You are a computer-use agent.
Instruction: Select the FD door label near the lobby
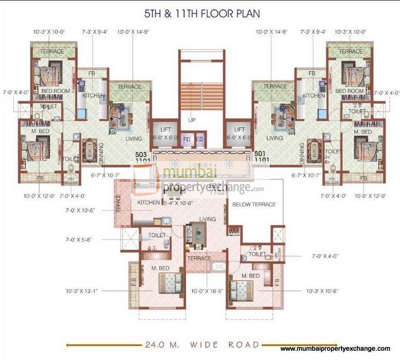(x=187, y=139)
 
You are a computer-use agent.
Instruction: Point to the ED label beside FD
(x=199, y=139)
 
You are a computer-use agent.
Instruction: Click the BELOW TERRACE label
(x=254, y=204)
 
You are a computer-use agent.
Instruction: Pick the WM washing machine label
(x=234, y=231)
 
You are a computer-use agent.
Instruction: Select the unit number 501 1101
(x=261, y=156)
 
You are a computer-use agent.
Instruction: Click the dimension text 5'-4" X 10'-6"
(x=177, y=204)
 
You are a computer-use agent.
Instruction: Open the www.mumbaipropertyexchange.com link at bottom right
(x=335, y=349)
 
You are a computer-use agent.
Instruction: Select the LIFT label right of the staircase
(x=239, y=130)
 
